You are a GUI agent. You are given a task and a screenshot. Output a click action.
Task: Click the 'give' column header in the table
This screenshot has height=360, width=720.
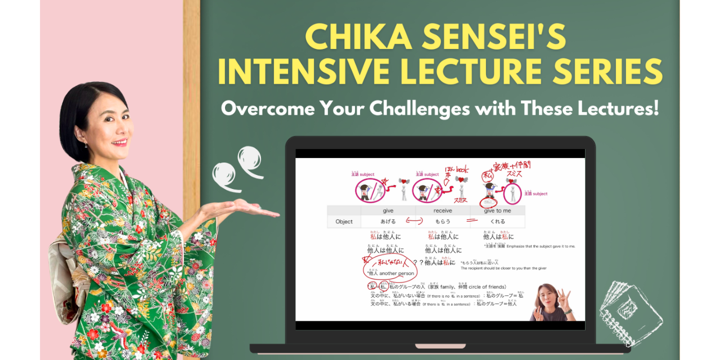pos(388,210)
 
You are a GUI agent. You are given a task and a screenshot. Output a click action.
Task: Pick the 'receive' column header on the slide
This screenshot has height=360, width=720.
pos(442,210)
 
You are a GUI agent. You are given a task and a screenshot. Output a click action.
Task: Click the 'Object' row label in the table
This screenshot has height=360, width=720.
pos(344,222)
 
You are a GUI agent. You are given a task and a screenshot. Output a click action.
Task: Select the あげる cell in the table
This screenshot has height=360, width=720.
pos(388,222)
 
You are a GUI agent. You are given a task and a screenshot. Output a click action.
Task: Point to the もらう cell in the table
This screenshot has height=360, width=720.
pos(442,222)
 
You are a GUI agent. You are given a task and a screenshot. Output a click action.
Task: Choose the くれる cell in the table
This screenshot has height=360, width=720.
pos(497,222)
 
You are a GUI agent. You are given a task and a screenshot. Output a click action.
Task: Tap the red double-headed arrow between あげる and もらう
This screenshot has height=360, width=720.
pos(414,222)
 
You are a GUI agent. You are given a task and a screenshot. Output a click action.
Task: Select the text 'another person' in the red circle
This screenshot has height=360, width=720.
pos(397,273)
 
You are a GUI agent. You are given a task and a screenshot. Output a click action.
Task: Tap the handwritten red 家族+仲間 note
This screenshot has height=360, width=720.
pos(511,165)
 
